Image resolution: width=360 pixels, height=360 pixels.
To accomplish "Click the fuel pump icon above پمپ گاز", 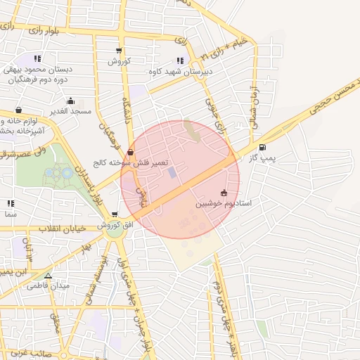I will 262,148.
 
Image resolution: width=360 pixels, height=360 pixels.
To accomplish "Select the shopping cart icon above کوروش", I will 119,51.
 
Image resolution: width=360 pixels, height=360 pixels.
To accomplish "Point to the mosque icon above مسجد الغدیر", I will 18,110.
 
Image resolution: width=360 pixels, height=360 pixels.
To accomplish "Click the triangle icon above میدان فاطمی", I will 48,276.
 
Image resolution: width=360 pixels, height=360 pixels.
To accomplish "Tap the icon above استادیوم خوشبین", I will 224,193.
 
